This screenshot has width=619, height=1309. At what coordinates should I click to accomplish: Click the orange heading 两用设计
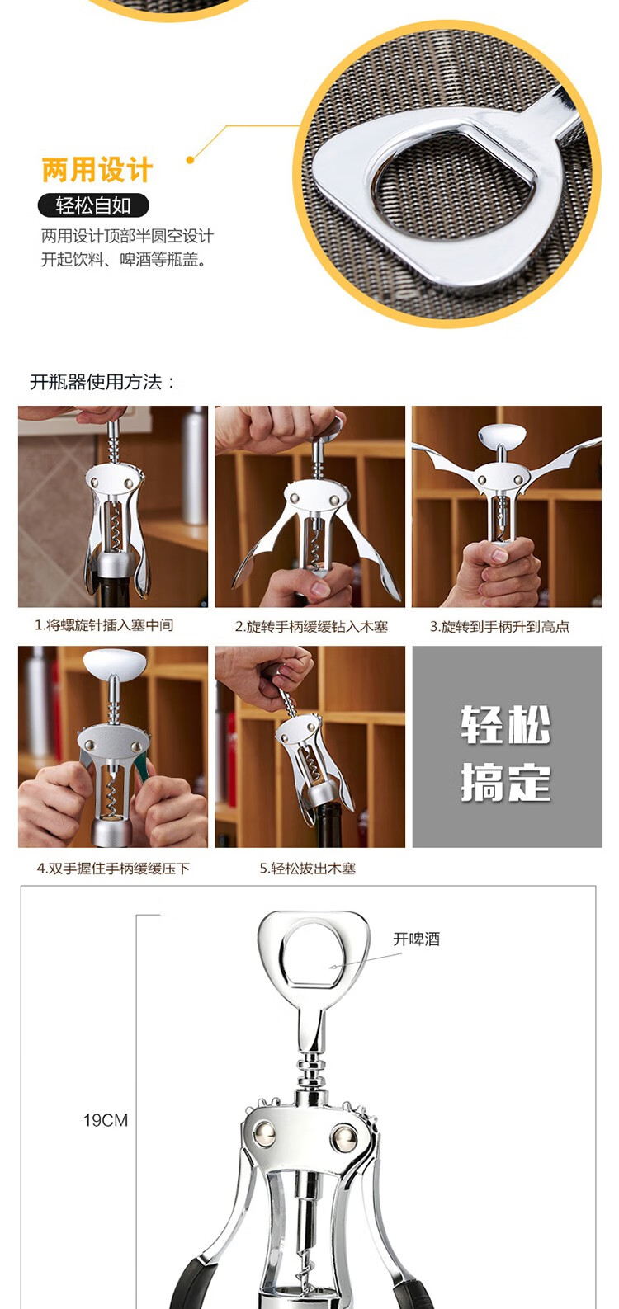(x=97, y=170)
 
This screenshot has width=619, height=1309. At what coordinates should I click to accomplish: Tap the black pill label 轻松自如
(x=93, y=205)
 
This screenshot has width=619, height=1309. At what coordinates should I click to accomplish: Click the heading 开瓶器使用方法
(x=103, y=382)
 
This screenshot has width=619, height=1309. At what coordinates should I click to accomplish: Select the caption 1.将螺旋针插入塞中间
(x=104, y=625)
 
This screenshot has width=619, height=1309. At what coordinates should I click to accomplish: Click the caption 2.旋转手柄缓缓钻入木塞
(x=311, y=627)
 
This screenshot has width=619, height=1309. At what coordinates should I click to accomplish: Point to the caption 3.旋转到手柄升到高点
(x=500, y=627)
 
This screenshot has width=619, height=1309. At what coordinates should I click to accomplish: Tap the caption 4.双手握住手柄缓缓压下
(x=113, y=869)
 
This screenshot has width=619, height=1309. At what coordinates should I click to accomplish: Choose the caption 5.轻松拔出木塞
(x=308, y=869)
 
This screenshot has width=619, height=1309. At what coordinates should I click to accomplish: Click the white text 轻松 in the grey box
(x=506, y=725)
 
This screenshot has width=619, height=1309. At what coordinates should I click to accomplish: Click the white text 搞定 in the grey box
(x=506, y=782)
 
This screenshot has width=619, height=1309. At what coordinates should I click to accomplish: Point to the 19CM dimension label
(x=105, y=1120)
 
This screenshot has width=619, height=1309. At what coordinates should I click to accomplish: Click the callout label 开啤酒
(x=416, y=939)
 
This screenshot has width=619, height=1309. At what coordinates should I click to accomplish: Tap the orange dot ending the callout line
(x=190, y=159)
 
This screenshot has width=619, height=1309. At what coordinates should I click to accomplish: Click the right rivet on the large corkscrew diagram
(x=343, y=1139)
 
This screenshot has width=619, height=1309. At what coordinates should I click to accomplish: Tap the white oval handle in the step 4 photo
(x=116, y=662)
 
